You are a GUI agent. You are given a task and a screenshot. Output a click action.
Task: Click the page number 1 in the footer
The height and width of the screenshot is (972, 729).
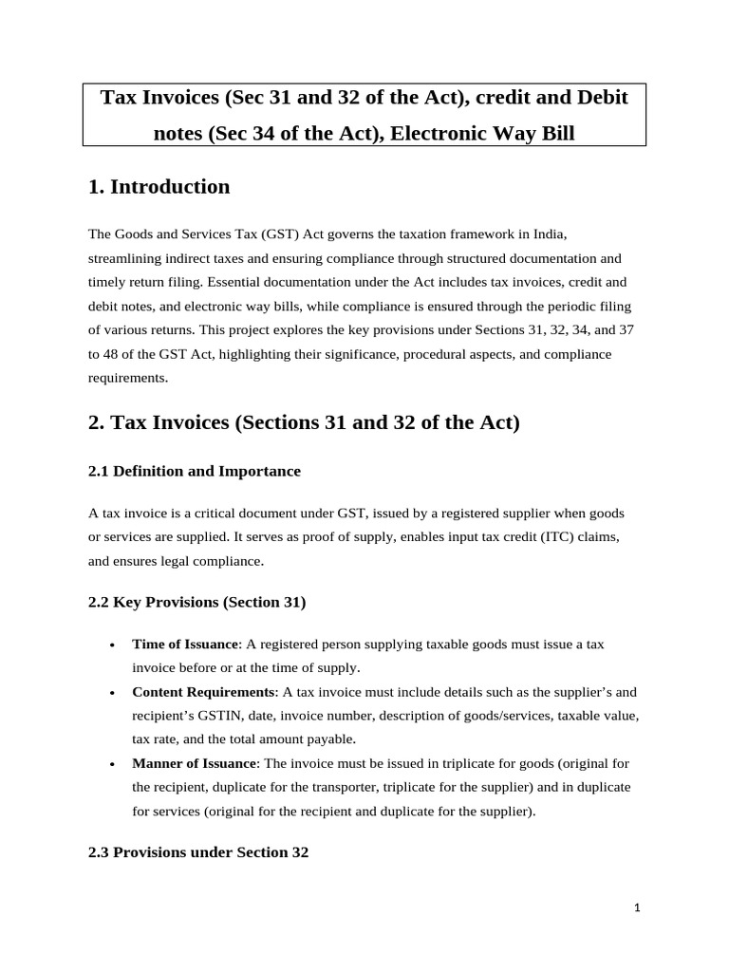point(638,908)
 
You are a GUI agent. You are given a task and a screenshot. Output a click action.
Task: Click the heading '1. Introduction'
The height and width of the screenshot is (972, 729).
point(159,187)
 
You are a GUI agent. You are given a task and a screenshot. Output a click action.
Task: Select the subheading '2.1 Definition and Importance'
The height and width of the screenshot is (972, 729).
point(194,471)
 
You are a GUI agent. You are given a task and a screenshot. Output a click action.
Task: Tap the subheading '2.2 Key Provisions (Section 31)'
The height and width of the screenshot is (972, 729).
point(196,602)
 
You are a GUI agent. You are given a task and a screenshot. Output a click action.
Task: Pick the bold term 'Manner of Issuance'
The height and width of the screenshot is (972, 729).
point(194,763)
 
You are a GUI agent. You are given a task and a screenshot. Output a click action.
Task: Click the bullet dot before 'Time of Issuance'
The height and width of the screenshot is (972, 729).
point(112,645)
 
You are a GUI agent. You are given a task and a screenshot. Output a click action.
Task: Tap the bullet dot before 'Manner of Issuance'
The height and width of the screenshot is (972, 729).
point(112,765)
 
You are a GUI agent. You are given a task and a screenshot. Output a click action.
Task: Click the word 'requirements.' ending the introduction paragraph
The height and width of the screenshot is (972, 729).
point(128,378)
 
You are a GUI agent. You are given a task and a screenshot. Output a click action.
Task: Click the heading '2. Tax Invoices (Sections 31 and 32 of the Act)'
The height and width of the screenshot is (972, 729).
point(304,422)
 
